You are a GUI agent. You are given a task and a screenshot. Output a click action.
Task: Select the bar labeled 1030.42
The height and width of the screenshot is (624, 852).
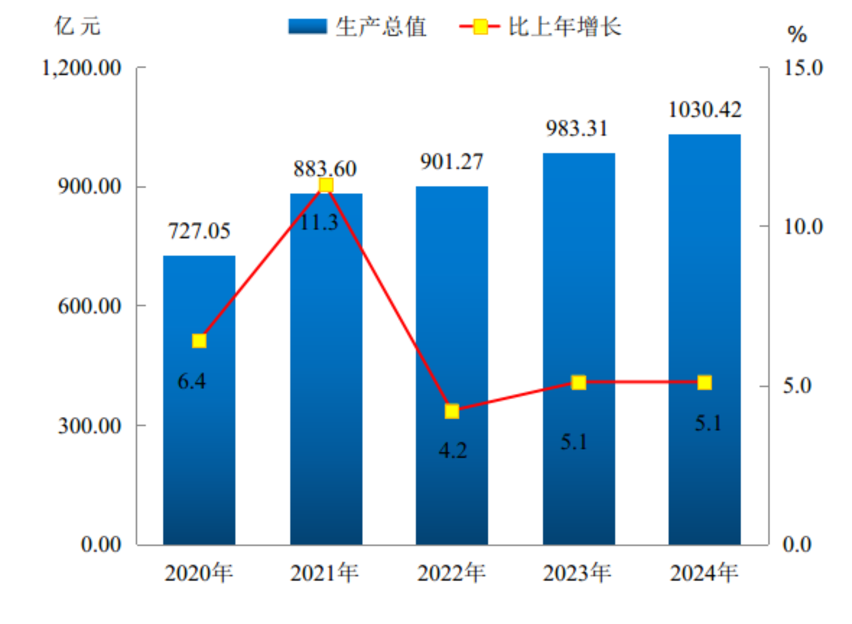coord(704,337)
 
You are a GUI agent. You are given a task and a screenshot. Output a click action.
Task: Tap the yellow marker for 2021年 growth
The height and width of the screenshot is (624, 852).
coord(326,185)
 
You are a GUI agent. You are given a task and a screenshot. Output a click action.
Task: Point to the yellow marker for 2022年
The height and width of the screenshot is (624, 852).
coord(452,411)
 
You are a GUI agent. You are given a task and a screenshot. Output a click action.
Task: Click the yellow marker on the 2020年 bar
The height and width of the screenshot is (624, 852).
coord(199,341)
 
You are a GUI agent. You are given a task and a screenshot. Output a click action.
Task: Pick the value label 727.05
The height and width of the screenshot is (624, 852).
coord(199,231)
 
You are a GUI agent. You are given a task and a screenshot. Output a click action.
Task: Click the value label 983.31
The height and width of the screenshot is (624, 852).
coord(577,129)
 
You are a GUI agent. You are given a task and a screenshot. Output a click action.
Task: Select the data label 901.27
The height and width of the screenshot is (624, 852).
coord(452,162)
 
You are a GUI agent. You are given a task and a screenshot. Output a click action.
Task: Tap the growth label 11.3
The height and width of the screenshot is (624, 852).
coord(319,222)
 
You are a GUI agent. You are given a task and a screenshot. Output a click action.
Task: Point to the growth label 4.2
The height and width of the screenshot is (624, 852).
coord(452,451)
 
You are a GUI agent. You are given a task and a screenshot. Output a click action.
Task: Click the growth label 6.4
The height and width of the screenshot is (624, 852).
coord(192,381)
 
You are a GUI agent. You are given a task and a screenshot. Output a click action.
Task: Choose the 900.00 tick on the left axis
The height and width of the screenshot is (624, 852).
coord(90,186)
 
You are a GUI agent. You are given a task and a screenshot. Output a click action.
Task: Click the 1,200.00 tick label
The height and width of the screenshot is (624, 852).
coord(82,68)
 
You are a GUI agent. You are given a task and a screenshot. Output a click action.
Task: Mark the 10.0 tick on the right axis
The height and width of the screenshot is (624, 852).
coord(803,226)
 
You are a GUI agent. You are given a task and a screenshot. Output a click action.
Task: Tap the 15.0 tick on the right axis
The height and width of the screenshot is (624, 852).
coord(803,68)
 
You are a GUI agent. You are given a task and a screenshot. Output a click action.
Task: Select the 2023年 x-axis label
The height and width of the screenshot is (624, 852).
coord(577,573)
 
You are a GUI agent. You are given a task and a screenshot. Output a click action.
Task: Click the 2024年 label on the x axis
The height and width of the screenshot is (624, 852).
coord(704,573)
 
